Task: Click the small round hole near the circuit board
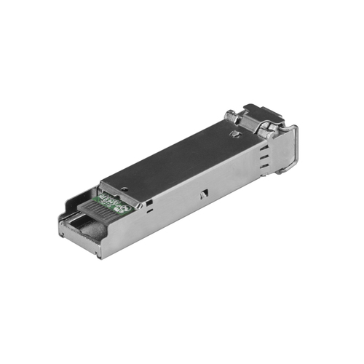(124, 187)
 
